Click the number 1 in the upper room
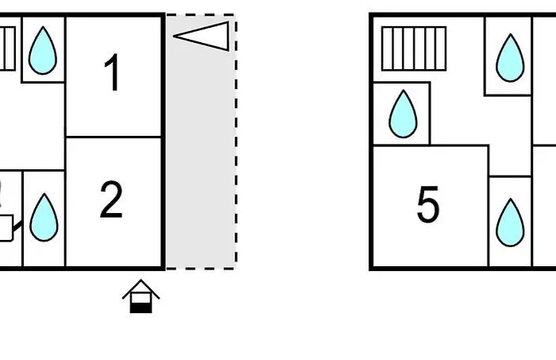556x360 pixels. [x=113, y=72]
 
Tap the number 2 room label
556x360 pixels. [x=111, y=199]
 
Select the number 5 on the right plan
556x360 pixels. [x=428, y=205]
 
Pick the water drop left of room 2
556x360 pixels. [x=44, y=218]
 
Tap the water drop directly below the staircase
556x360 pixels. [x=403, y=114]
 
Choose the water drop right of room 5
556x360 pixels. [x=510, y=223]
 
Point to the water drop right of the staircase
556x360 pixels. [x=510, y=58]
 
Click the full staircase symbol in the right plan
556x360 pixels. [x=414, y=48]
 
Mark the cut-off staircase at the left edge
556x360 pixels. [x=7, y=48]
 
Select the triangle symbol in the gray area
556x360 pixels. [x=201, y=37]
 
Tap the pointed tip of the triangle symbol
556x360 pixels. [x=173, y=36]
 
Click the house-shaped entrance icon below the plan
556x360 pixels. [x=141, y=296]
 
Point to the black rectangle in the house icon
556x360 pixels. [x=141, y=308]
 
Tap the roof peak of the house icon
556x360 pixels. [x=141, y=280]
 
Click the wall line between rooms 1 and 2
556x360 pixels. [x=114, y=137]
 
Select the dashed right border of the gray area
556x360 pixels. [x=236, y=142]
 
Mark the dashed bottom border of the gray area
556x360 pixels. [x=200, y=269]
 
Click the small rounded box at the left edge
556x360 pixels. [x=6, y=228]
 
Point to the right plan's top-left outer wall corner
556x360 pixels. [x=371, y=15]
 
